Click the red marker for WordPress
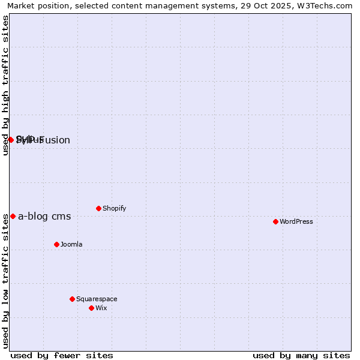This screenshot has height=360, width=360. point(275,221)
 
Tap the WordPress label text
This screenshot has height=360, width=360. point(296,221)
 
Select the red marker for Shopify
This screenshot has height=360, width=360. point(98,208)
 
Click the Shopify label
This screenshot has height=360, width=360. point(114,208)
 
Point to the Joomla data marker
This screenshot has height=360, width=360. point(56,244)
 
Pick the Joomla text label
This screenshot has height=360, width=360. point(71,244)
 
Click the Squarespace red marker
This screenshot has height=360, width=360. point(72,299)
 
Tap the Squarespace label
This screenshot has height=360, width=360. point(97,299)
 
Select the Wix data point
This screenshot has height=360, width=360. point(91,308)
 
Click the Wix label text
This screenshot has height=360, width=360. point(101,308)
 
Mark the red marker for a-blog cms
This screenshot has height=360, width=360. point(13,216)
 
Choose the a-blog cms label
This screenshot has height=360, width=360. point(44,217)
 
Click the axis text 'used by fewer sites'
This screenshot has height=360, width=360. point(62,355)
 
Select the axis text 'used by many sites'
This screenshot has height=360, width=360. point(301,355)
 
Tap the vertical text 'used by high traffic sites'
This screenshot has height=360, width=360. point(5,85)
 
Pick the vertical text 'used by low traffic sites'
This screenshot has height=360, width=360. point(5,281)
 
